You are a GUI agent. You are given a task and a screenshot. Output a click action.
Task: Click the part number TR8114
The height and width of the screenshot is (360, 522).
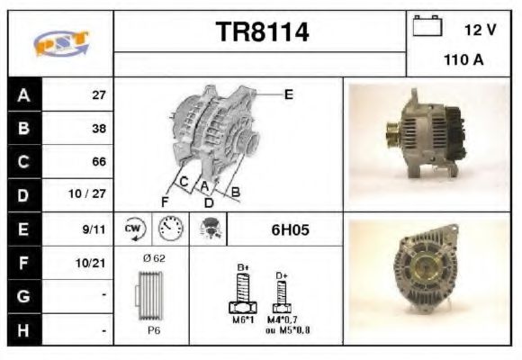tap(262, 33)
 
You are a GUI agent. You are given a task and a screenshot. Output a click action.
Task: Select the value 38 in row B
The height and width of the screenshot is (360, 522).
tap(98, 129)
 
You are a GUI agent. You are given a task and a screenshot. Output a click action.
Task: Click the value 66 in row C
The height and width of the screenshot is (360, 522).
tap(98, 162)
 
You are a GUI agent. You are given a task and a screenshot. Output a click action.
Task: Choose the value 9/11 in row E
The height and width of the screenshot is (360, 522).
tap(94, 229)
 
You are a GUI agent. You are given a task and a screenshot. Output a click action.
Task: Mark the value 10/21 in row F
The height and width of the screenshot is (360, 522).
tap(93, 263)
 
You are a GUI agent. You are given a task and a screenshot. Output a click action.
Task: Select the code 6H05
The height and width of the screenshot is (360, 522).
tap(291, 229)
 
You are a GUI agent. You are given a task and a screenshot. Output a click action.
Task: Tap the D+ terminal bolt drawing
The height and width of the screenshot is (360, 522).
tap(282, 292)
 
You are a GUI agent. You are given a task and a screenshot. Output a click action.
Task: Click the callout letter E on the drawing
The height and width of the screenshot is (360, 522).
tap(288, 94)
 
